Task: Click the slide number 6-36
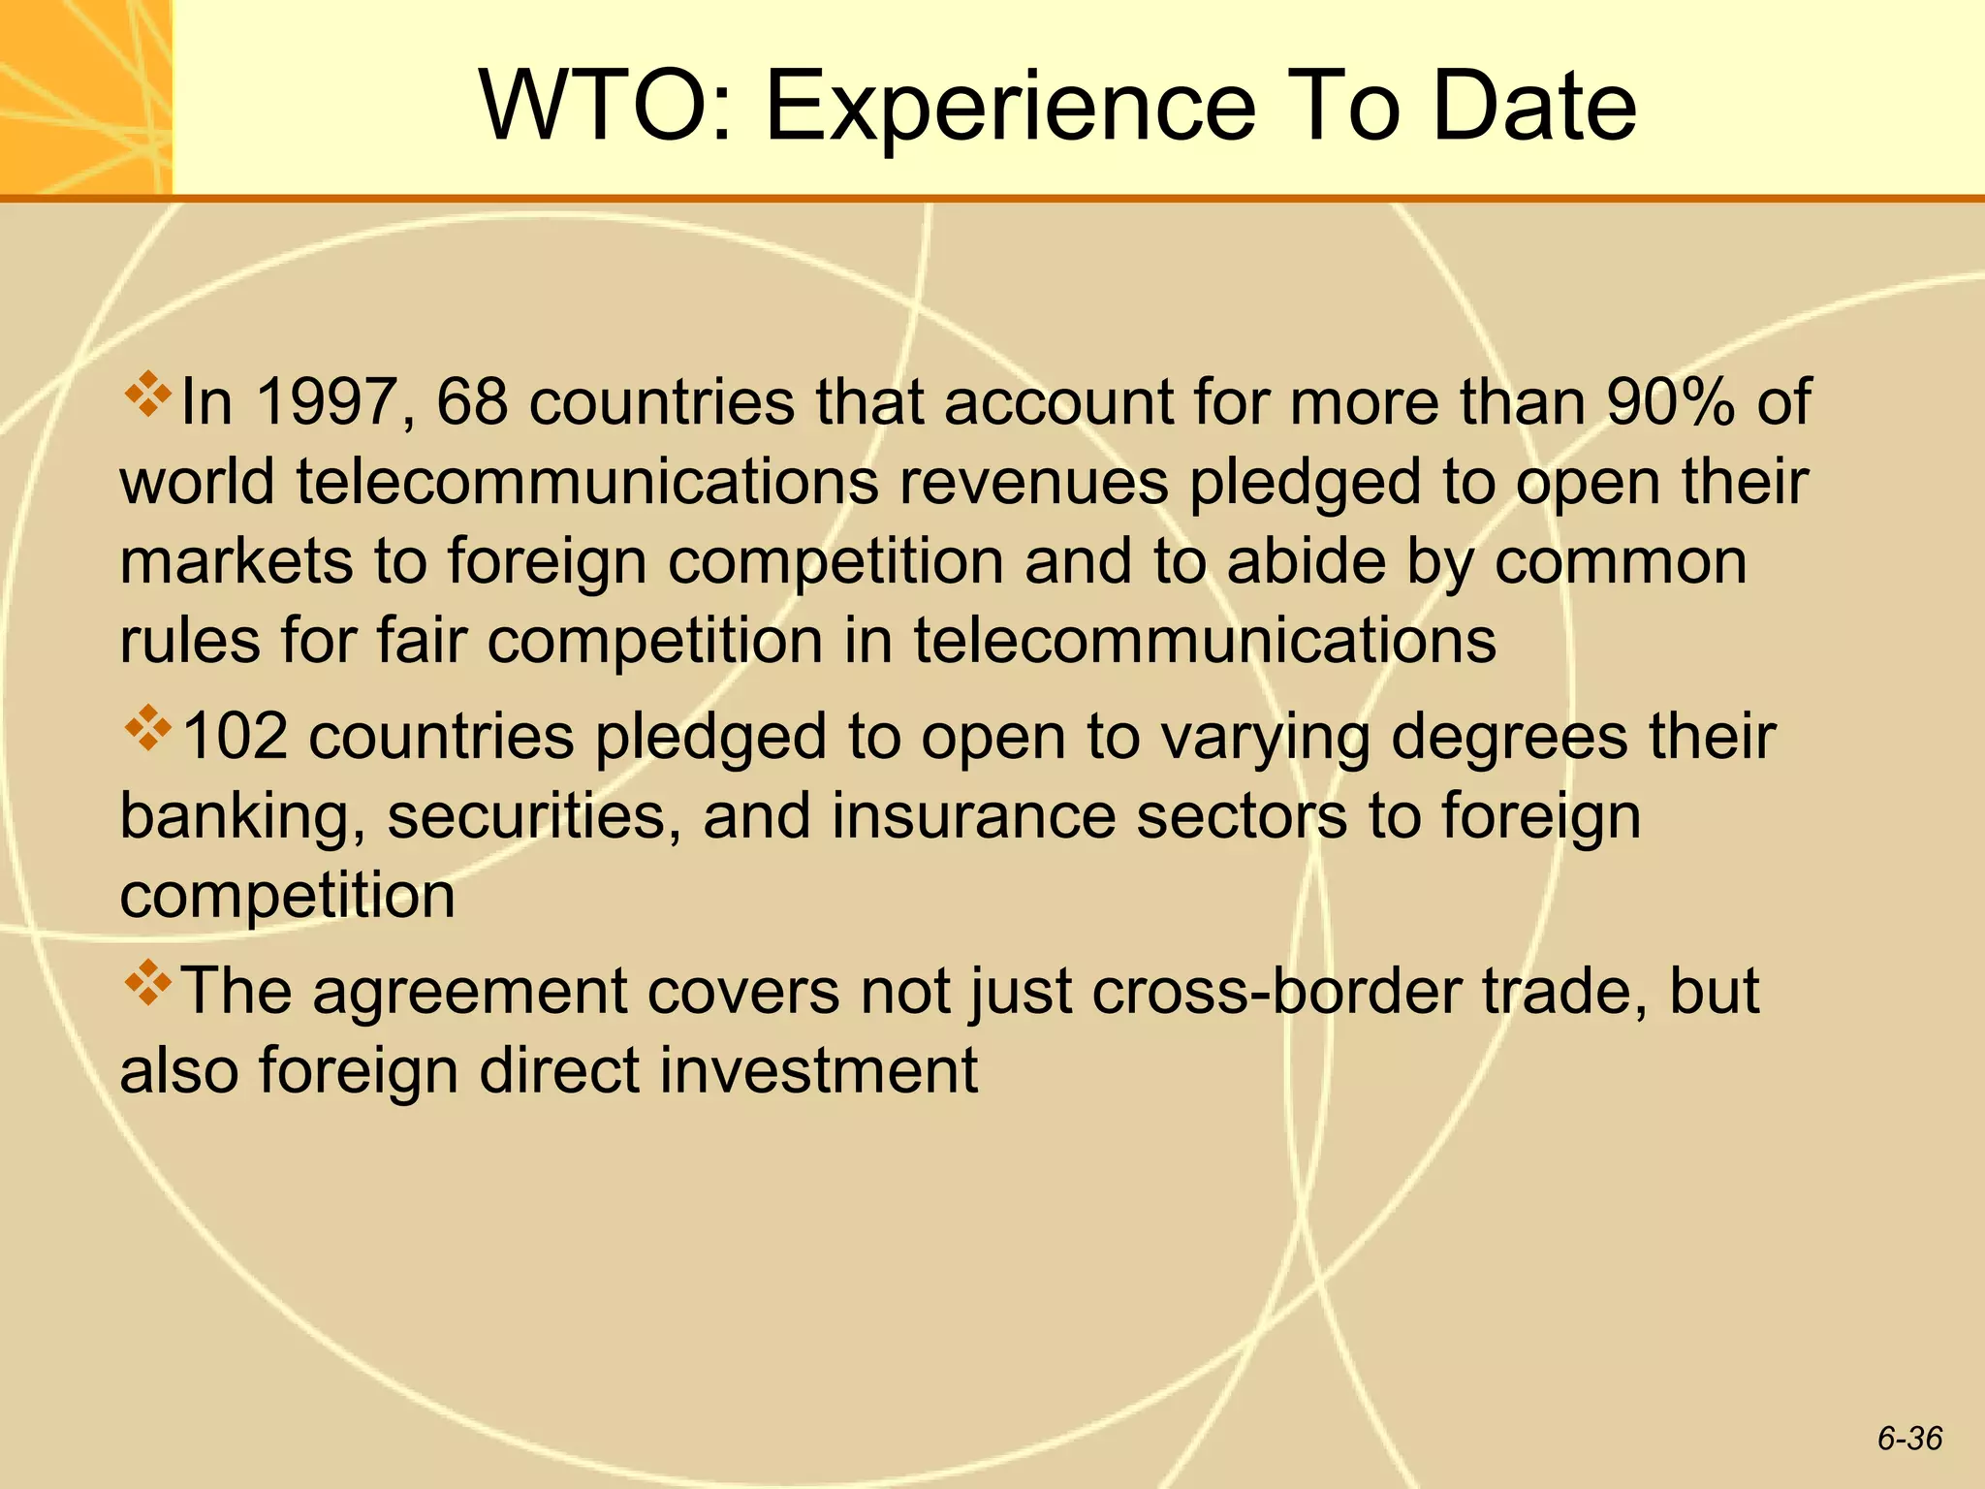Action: pos(1909,1438)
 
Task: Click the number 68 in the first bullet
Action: pos(472,401)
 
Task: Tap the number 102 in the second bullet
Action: pos(235,736)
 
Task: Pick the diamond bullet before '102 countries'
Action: pos(147,728)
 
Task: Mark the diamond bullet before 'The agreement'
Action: pos(147,983)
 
